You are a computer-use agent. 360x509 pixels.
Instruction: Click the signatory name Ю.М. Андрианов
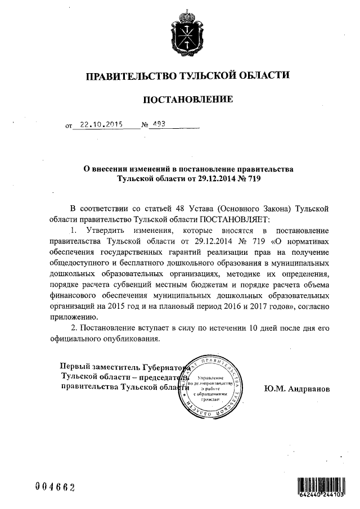click(296, 389)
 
